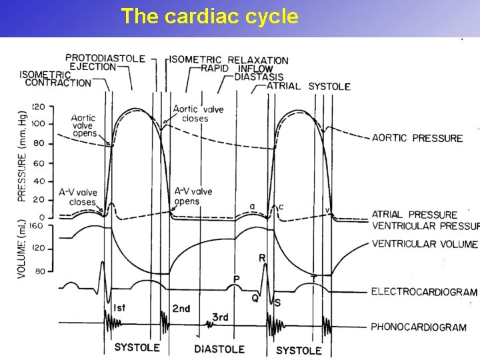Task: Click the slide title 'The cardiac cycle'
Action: coord(209,16)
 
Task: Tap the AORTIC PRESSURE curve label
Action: coord(417,138)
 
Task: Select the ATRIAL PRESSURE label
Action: coord(414,215)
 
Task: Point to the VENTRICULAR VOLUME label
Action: coord(424,244)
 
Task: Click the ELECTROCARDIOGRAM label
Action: coord(423,292)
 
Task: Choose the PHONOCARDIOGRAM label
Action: coord(418,327)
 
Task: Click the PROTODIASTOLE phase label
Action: coord(105,58)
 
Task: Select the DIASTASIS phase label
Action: coord(259,77)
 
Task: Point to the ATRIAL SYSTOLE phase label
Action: coord(308,87)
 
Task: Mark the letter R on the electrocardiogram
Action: coord(261,258)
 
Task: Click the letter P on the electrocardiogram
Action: coord(236,279)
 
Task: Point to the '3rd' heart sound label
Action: coord(220,317)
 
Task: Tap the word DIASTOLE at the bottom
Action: coord(219,349)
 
